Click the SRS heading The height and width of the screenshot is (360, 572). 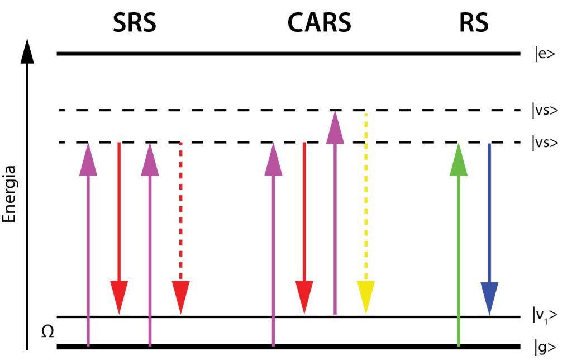pyautogui.click(x=135, y=23)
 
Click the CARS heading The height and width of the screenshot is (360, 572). pyautogui.click(x=319, y=23)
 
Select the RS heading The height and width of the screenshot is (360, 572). pyautogui.click(x=474, y=23)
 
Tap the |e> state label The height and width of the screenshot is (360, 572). pyautogui.click(x=544, y=54)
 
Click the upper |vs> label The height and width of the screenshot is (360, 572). pyautogui.click(x=545, y=110)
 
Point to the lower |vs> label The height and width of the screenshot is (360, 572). pyautogui.click(x=545, y=142)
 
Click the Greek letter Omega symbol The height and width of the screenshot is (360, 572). pyautogui.click(x=48, y=332)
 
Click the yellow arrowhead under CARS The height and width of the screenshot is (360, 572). pyautogui.click(x=365, y=297)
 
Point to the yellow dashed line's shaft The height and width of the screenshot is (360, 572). pyautogui.click(x=365, y=196)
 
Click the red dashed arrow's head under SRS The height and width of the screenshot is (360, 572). pyautogui.click(x=180, y=297)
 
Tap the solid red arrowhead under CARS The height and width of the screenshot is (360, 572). pyautogui.click(x=304, y=297)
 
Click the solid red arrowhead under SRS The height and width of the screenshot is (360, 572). pyautogui.click(x=119, y=297)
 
